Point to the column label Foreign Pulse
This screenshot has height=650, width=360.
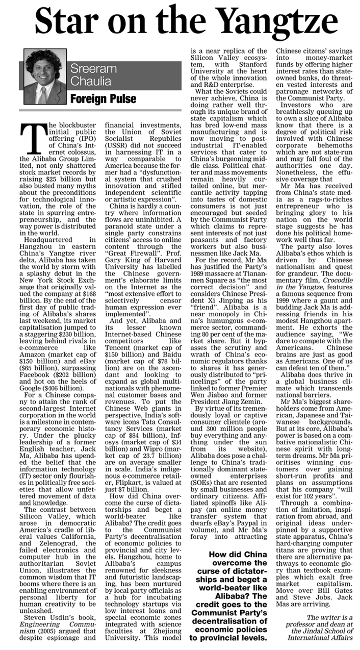tap(104, 98)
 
